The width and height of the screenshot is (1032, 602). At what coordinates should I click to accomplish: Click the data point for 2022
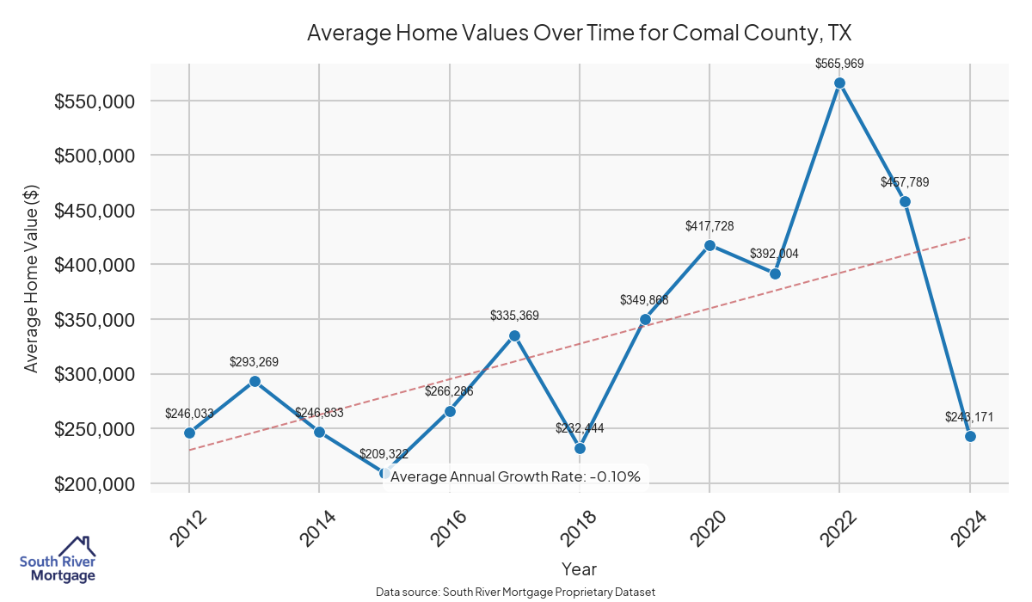click(839, 83)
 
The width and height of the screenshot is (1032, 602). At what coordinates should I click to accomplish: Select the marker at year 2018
click(580, 448)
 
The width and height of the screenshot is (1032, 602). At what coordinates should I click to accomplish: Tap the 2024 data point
click(970, 436)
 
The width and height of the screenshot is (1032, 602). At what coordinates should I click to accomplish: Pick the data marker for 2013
click(255, 381)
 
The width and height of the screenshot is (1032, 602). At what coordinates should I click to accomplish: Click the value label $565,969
click(839, 63)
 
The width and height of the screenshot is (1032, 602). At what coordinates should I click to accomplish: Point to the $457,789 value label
click(905, 182)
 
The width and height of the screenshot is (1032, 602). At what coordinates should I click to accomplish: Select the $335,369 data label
click(514, 316)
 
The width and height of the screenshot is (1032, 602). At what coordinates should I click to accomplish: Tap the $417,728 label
click(709, 226)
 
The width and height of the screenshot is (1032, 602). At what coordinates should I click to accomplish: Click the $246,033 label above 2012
click(189, 413)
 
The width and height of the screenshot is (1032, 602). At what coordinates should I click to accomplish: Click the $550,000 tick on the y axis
click(94, 101)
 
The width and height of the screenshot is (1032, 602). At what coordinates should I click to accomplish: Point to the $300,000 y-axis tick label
click(94, 375)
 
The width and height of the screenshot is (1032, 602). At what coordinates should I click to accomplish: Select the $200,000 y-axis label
click(94, 484)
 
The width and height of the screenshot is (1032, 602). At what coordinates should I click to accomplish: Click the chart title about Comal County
click(579, 34)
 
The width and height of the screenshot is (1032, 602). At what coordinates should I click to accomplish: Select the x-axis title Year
click(579, 568)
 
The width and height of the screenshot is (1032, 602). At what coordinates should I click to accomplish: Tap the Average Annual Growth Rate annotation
click(515, 476)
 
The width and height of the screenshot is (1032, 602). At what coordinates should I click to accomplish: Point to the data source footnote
click(516, 592)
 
